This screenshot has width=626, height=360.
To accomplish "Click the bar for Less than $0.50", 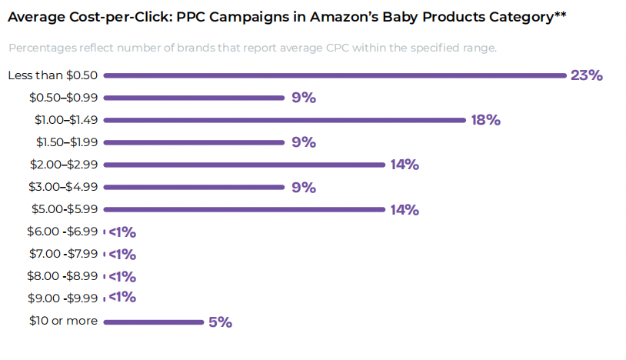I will [x=335, y=75].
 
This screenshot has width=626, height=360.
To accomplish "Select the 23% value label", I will [x=586, y=75].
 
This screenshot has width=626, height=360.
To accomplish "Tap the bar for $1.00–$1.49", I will [x=285, y=120].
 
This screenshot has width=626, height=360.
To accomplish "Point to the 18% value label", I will [x=485, y=120].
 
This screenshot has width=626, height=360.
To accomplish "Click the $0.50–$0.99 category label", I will [x=64, y=98].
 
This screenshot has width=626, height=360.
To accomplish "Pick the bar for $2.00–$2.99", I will [x=244, y=165].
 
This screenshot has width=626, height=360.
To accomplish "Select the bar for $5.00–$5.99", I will [x=244, y=209].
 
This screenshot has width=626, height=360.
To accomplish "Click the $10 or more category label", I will [x=63, y=321].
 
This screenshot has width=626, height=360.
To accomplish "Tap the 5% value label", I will [x=220, y=322].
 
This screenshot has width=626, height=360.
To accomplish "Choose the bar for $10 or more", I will [x=153, y=322].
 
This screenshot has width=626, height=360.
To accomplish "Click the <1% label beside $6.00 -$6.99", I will [x=122, y=232].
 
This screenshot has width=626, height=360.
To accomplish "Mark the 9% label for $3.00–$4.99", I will [x=304, y=187].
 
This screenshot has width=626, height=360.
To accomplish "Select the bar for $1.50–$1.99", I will [x=194, y=142].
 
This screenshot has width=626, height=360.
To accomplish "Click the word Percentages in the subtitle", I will [x=43, y=48].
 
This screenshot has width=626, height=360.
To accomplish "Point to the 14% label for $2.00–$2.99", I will [x=404, y=165].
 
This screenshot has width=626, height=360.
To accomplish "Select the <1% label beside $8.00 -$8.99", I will [x=122, y=276].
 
